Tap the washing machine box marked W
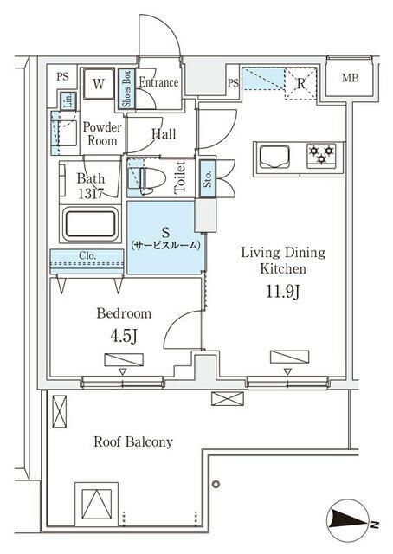pos(99,84)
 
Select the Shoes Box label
pos(126,88)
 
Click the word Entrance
pos(159,83)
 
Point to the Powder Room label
pos(102,134)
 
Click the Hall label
pos(164,134)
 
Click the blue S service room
pos(164,238)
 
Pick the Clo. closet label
pos(87,256)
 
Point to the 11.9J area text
pos(283,291)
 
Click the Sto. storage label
pos(208,180)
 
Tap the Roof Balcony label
pos(133,442)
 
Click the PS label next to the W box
pos(62,76)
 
